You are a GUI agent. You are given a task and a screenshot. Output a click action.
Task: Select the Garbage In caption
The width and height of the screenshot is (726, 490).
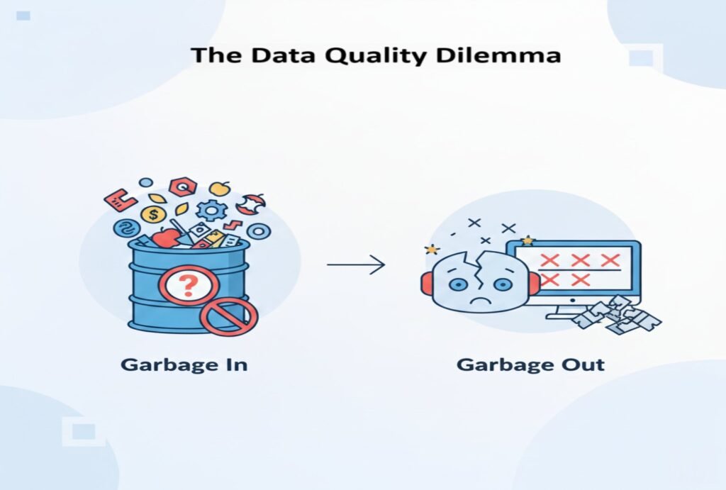click(184, 365)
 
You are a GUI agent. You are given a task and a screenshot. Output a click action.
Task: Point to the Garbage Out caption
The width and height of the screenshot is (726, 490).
click(530, 365)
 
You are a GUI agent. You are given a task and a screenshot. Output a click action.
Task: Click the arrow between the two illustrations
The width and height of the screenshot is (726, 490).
click(356, 265)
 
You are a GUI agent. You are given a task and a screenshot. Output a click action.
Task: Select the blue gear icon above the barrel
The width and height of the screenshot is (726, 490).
click(211, 209)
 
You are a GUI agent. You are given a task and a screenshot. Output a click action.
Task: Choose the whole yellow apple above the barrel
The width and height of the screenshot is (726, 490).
click(220, 189)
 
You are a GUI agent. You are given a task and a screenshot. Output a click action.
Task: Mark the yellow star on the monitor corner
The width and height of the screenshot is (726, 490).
click(527, 241)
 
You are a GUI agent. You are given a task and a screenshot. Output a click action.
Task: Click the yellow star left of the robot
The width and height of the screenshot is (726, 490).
click(430, 250)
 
